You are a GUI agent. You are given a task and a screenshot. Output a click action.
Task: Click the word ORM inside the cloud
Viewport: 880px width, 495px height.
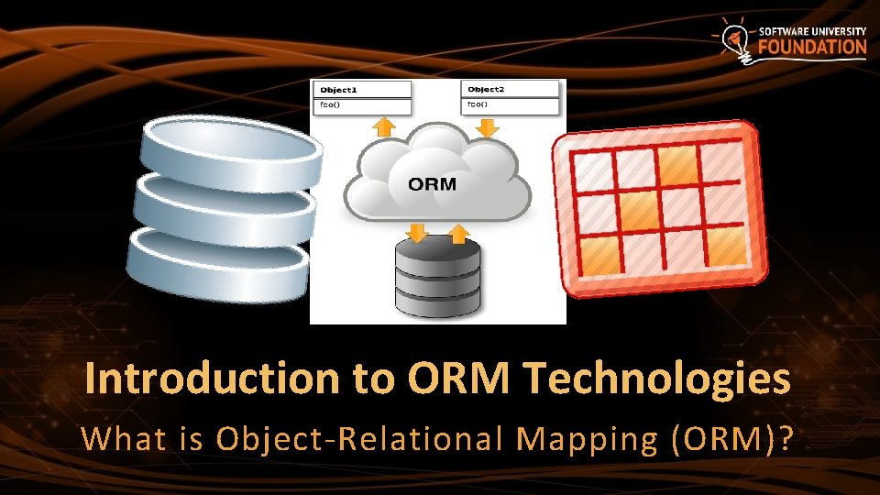[432, 183]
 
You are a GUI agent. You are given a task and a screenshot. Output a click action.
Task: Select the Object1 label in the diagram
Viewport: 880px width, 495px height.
[337, 90]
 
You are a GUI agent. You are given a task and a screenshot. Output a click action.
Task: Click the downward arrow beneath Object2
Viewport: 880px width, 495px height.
[489, 128]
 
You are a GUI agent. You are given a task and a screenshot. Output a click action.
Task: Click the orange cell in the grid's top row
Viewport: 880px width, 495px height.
[679, 165]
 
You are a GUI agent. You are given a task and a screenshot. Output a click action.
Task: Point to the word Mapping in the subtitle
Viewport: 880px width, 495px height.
[587, 439]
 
